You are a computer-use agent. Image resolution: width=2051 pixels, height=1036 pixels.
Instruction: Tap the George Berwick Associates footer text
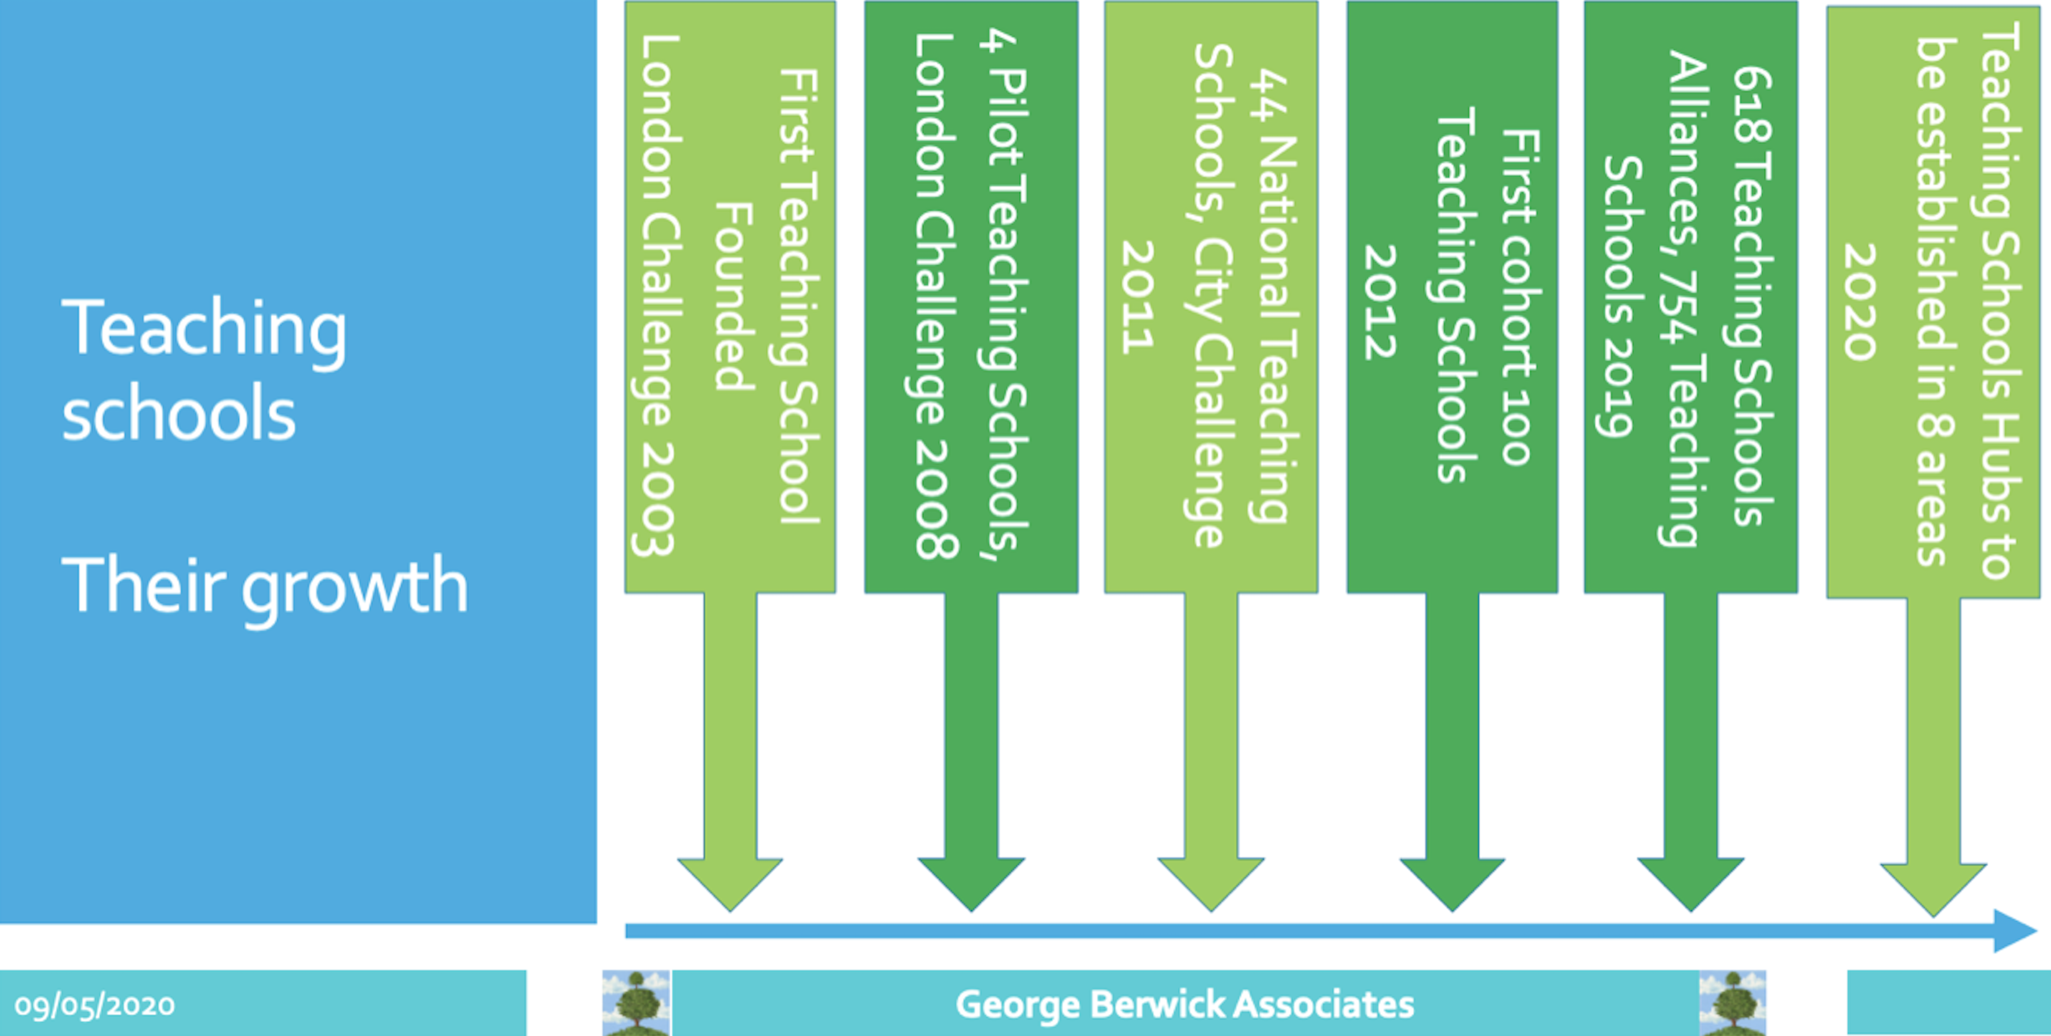pyautogui.click(x=1185, y=1004)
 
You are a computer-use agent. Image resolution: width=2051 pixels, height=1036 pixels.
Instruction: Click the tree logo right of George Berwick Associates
pyautogui.click(x=1733, y=1003)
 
